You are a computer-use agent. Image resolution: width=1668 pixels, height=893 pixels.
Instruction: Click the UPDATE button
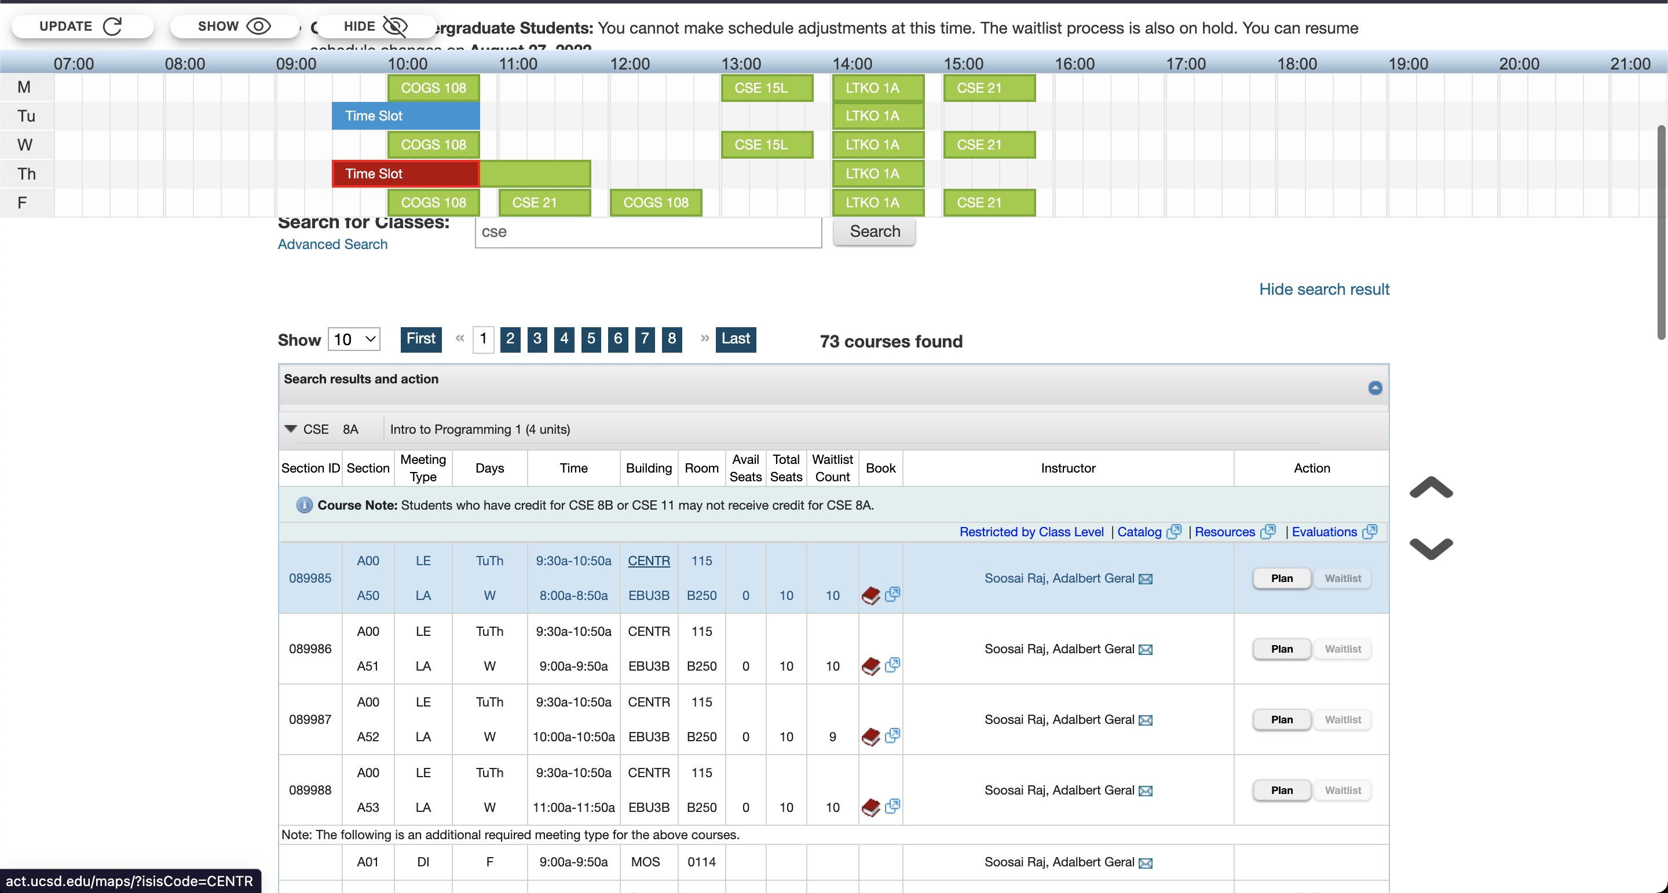82,27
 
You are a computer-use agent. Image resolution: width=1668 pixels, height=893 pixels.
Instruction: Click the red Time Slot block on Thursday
405,174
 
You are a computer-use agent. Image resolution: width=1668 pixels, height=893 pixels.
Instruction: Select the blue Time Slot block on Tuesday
405,116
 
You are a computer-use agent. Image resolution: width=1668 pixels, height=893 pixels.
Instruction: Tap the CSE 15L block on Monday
767,88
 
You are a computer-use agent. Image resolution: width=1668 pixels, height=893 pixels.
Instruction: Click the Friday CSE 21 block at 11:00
544,203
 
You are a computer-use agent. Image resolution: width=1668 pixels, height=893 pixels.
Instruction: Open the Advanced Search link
332,244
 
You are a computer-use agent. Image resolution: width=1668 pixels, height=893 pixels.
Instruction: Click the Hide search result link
1323,289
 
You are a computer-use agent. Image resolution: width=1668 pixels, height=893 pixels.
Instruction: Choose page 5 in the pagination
591,339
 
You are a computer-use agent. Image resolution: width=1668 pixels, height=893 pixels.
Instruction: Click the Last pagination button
736,339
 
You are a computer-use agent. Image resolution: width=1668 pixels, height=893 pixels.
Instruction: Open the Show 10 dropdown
353,339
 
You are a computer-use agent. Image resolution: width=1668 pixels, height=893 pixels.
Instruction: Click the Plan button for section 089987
1281,719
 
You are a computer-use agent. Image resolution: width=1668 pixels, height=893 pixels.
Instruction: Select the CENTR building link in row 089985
648,561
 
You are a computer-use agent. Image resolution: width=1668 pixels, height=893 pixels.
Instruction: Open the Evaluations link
1324,532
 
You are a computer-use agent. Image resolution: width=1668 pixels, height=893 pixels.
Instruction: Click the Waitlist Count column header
832,467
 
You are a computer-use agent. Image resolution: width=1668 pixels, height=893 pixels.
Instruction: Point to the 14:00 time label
852,64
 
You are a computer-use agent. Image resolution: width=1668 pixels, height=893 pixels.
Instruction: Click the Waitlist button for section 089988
1343,790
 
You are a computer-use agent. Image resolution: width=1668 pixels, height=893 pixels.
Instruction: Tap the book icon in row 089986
871,666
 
